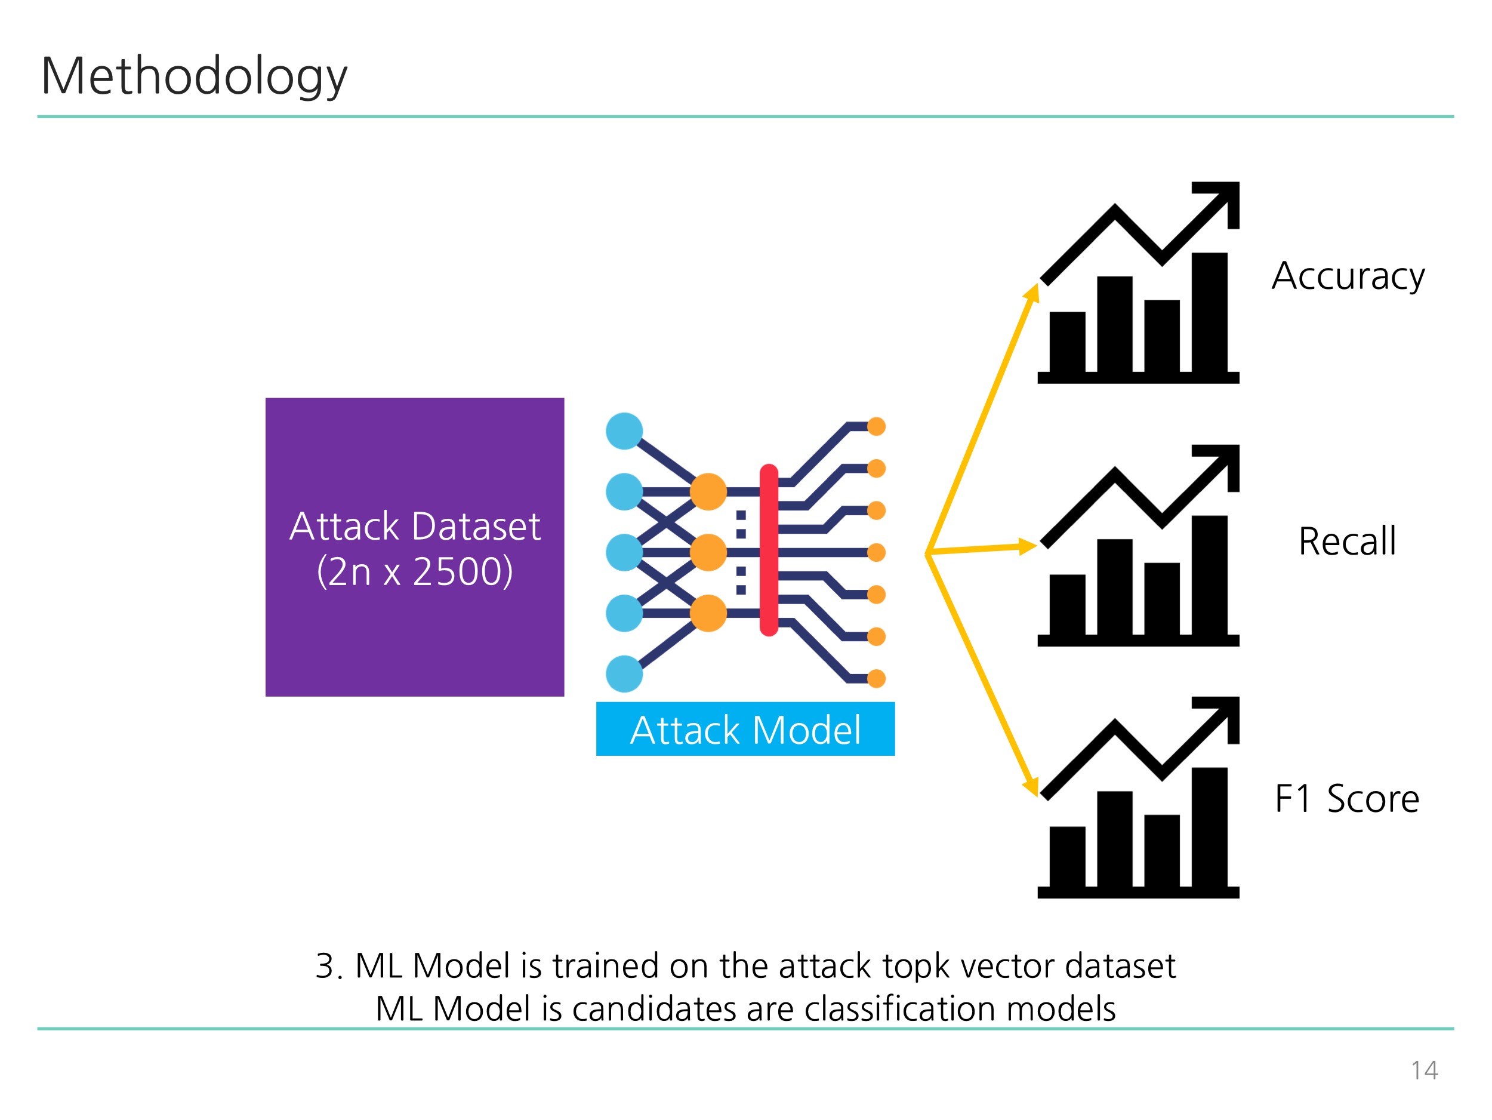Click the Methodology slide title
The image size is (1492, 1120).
pos(194,76)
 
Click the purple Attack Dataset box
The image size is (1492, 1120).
pos(415,547)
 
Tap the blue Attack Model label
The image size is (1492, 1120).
pos(745,730)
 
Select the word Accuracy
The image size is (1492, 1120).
pos(1348,276)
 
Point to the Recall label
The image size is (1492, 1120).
pos(1347,541)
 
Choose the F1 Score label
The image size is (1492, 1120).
pos(1347,799)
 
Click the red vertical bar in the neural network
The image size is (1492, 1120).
pos(769,550)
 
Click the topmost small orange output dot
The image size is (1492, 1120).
pos(876,426)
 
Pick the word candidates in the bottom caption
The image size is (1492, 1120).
pos(682,1010)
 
